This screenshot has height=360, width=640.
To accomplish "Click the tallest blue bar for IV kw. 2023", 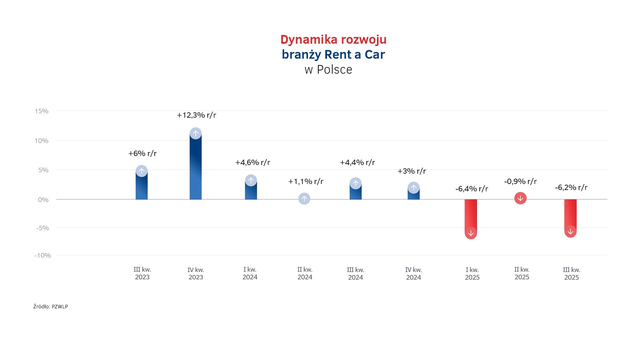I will [x=196, y=167].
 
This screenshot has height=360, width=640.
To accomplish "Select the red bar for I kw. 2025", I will [x=471, y=215].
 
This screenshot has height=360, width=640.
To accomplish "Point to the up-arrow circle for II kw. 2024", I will [x=304, y=199].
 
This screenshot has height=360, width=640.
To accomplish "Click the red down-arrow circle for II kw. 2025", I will [x=520, y=198].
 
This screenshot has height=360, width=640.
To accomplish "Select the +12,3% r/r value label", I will [x=196, y=115].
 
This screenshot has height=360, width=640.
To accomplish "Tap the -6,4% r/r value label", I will [x=472, y=189].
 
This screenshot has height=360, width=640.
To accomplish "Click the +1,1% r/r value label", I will [x=306, y=182].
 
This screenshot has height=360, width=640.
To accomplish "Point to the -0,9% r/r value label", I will [x=520, y=182].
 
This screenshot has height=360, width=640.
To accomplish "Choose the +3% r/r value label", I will [x=412, y=171].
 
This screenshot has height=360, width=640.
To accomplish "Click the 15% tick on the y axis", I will [x=42, y=111].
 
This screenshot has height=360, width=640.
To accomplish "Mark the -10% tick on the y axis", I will [x=43, y=256].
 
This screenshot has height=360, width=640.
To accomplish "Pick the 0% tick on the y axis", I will [x=43, y=200].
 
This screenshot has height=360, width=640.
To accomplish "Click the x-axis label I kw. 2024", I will [x=250, y=273].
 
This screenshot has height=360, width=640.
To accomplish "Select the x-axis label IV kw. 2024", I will [x=413, y=274].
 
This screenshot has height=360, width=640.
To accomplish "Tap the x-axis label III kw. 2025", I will [x=571, y=274].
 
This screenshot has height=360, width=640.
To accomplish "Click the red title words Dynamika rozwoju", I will [x=333, y=40].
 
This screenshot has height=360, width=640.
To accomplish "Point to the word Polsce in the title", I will [x=334, y=70].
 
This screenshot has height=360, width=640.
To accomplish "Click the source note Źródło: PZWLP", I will [x=51, y=307].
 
